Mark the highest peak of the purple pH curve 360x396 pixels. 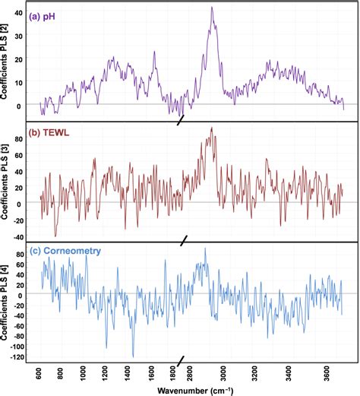(x=212, y=8)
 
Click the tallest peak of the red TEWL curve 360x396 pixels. (x=211, y=128)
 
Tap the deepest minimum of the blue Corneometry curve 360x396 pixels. (x=133, y=356)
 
